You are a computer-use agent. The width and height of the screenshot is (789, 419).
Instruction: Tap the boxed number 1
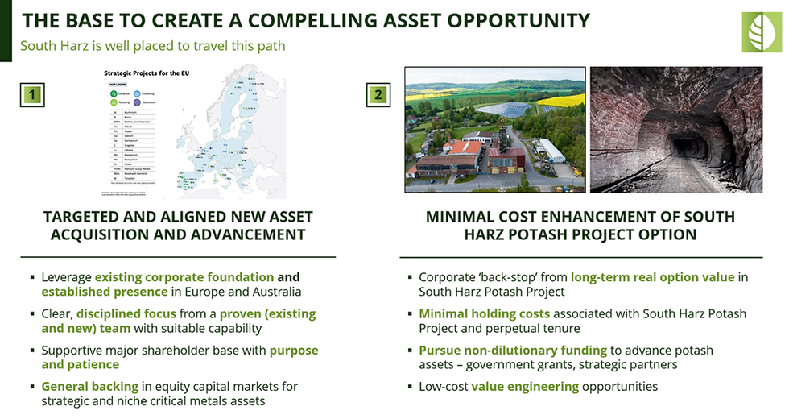pyautogui.click(x=31, y=95)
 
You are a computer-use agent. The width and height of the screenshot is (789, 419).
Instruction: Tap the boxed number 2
pyautogui.click(x=378, y=95)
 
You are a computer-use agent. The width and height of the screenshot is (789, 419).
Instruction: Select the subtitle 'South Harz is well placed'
pyautogui.click(x=152, y=45)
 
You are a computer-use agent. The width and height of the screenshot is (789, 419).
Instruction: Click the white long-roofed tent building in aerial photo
pyautogui.click(x=551, y=151)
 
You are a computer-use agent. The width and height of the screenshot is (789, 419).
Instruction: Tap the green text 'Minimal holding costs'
pyautogui.click(x=484, y=313)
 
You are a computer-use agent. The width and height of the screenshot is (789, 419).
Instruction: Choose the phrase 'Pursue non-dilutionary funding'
pyautogui.click(x=512, y=350)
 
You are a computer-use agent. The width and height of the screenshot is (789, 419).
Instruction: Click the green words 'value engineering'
pyautogui.click(x=525, y=386)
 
